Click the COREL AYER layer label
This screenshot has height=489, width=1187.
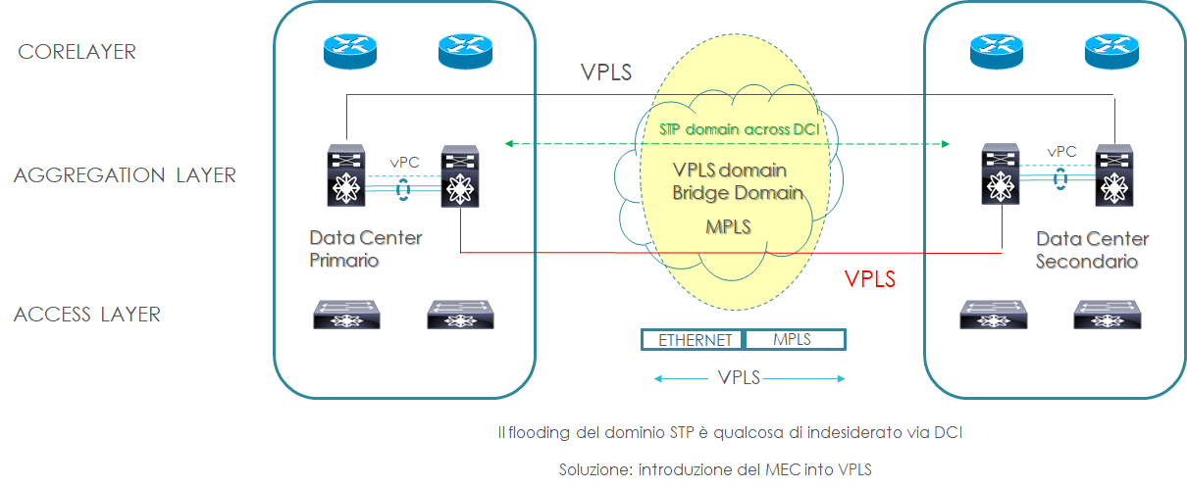click(77, 52)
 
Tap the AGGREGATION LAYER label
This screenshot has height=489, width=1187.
click(125, 175)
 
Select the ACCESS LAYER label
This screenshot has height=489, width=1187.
click(87, 315)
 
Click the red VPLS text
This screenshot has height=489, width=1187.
click(870, 279)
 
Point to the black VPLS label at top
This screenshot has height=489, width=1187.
click(605, 73)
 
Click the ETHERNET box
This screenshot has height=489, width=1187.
click(695, 340)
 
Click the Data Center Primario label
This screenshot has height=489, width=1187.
click(365, 249)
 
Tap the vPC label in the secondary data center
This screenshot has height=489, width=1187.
click(1060, 152)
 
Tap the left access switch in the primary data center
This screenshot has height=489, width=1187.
click(346, 315)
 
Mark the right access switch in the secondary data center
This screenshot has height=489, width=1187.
click(1107, 314)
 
